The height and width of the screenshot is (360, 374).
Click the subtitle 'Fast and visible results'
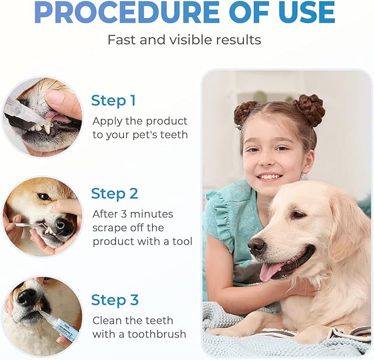tap(184, 40)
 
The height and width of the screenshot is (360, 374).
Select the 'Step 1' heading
tap(113, 101)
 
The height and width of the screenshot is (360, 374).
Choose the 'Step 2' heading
tap(115, 194)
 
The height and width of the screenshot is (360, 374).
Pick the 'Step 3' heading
tap(115, 300)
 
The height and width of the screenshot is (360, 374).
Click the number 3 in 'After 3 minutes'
tap(123, 214)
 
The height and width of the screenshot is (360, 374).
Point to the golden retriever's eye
tap(298, 214)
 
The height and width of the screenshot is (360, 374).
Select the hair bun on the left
tap(246, 112)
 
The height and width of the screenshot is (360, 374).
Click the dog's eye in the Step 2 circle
tap(44, 197)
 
